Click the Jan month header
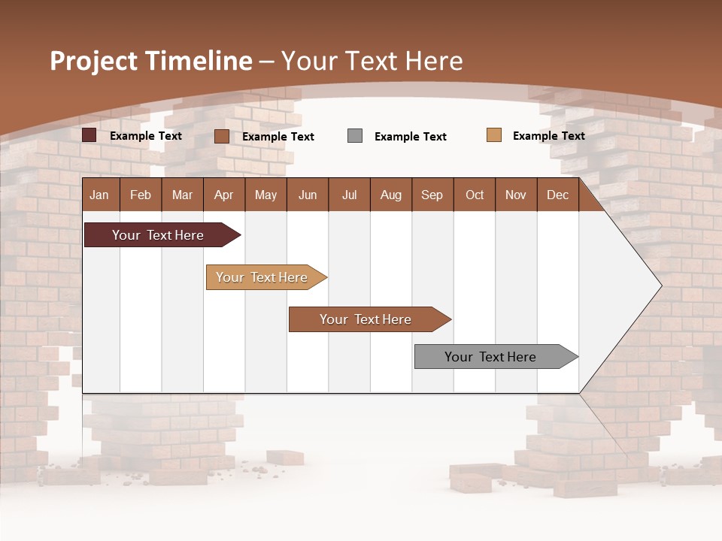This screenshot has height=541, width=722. pos(99,195)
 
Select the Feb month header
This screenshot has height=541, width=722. pos(141,195)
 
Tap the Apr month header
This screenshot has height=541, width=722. pos(223,195)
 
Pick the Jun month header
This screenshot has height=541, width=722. pos(308,195)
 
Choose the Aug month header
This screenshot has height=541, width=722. pos(390,195)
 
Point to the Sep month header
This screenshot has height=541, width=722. pos(432,195)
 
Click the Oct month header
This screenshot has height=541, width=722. pos(475,195)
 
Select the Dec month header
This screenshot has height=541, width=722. pos(557,195)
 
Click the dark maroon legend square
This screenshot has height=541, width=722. pos(89,135)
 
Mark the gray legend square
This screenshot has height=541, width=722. pos(355,136)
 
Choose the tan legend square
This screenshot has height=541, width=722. pos(494,135)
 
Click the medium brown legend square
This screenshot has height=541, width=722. pos(222,136)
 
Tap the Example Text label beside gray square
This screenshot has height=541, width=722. pos(411,137)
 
